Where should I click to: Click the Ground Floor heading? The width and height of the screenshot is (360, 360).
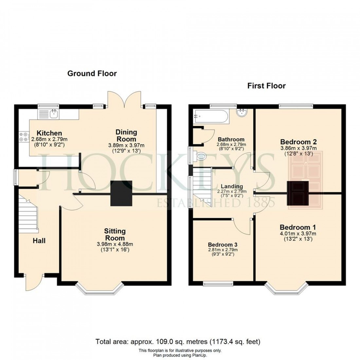click(92, 73)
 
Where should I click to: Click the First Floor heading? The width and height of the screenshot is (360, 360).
click(266, 86)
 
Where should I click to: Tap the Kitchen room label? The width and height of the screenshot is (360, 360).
click(49, 133)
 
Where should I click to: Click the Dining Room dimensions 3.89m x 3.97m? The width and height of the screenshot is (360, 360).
click(126, 145)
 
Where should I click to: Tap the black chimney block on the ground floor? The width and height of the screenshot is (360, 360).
click(121, 193)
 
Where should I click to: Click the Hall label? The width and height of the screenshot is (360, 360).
click(39, 241)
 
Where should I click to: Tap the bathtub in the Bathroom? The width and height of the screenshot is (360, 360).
click(209, 116)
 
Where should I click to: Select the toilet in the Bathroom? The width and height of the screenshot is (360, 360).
click(198, 156)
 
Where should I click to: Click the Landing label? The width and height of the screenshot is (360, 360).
click(231, 187)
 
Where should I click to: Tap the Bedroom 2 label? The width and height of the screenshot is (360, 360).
click(298, 142)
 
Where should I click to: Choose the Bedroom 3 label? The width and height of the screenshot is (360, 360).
click(223, 244)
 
